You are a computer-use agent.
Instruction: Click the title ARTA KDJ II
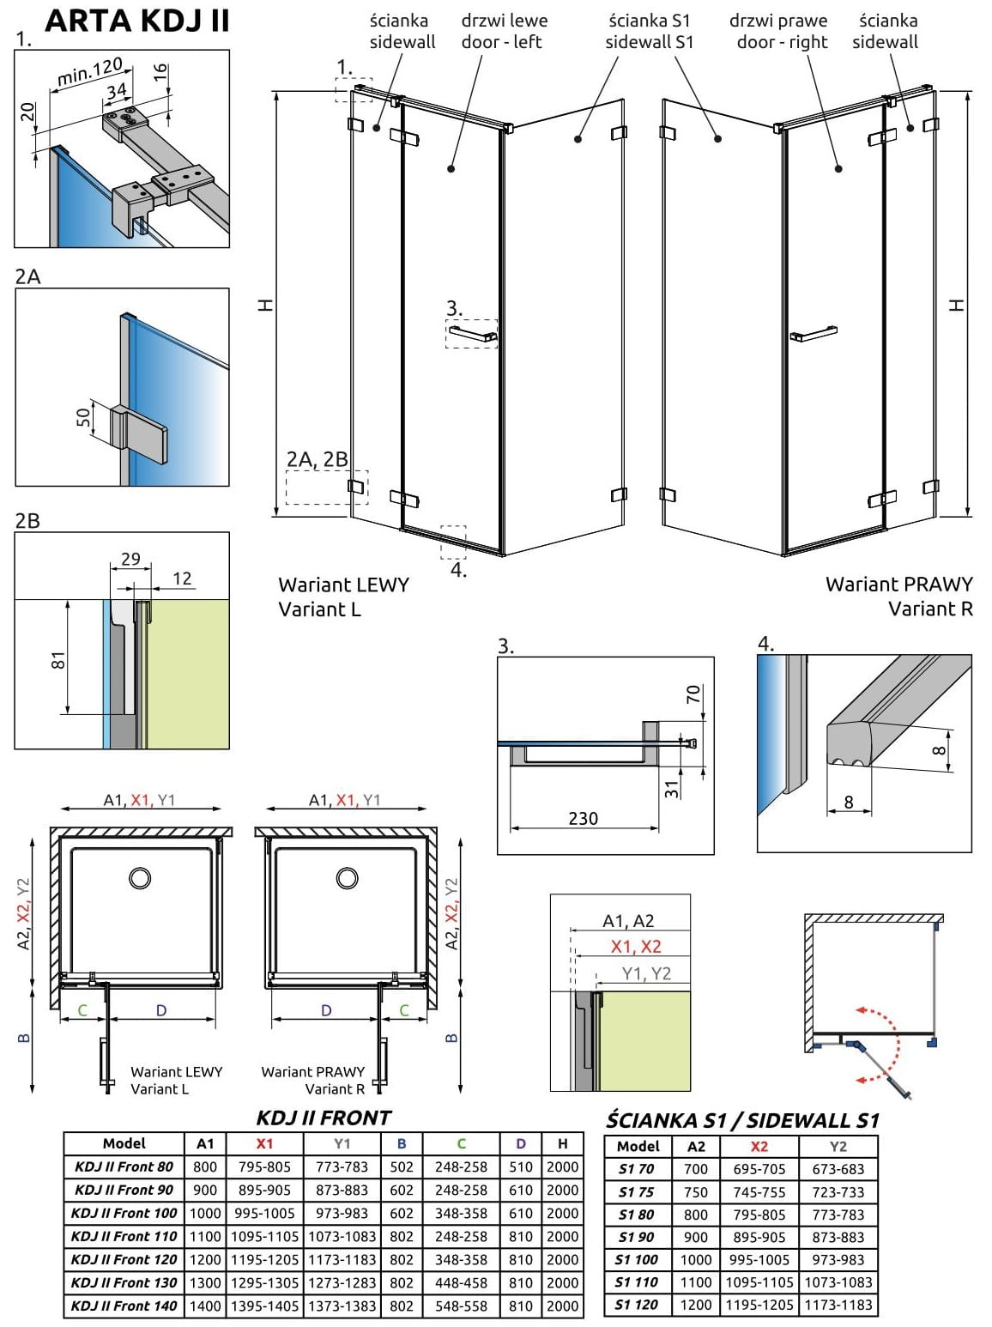click(x=137, y=21)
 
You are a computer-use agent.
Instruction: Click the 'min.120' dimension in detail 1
click(x=89, y=72)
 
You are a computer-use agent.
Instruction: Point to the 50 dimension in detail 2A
click(x=83, y=417)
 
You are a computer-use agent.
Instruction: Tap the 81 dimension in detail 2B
click(x=58, y=660)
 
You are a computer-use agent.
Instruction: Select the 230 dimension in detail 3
click(x=583, y=818)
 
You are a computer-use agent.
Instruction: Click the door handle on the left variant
click(x=472, y=332)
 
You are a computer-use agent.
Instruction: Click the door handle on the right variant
click(x=814, y=332)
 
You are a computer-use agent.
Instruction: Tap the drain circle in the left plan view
click(x=140, y=877)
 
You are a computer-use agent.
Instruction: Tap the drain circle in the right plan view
click(x=347, y=877)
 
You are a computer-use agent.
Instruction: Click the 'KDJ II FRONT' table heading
click(x=324, y=1118)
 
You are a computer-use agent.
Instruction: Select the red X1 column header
click(x=264, y=1143)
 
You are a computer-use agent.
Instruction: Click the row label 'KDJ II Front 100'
click(x=124, y=1213)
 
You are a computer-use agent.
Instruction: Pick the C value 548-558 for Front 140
click(x=461, y=1306)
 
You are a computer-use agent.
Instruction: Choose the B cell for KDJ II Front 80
click(x=402, y=1166)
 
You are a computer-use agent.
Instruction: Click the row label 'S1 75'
click(x=636, y=1191)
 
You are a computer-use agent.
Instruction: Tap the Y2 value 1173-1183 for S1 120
click(x=838, y=1305)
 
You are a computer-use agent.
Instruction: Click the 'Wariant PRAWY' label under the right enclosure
click(x=898, y=585)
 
